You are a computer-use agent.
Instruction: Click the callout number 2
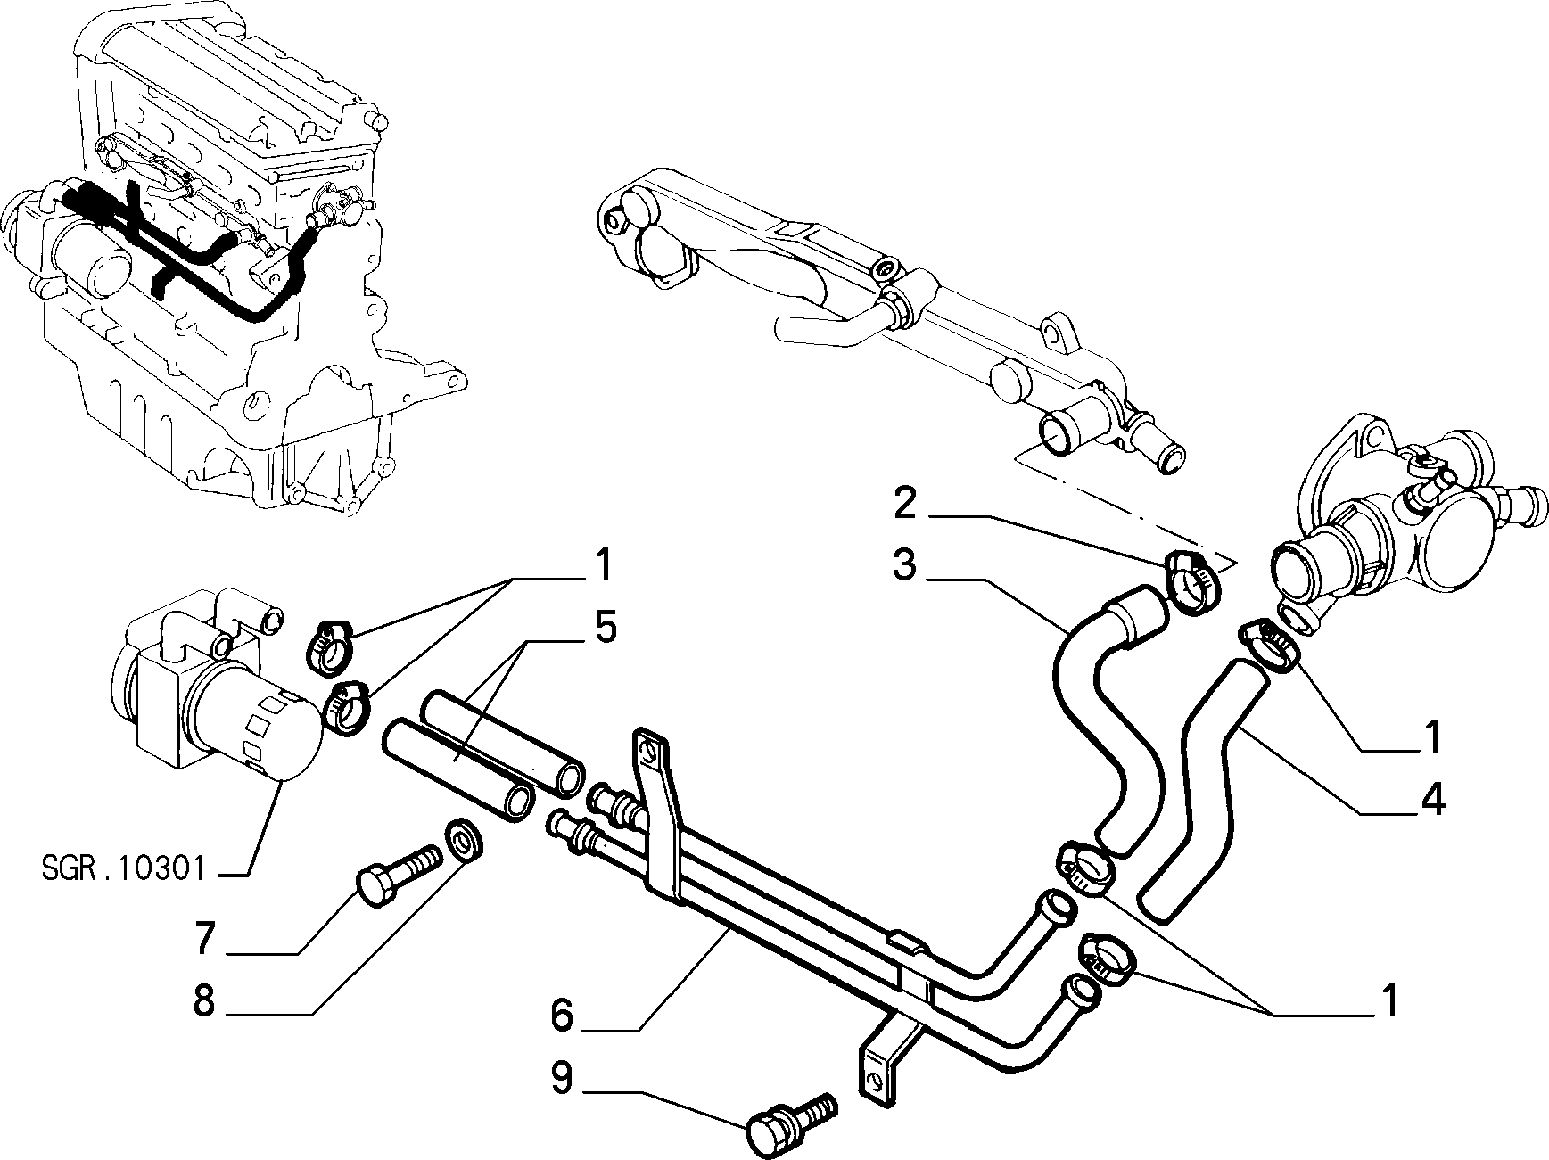905,506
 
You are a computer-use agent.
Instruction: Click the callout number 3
904,565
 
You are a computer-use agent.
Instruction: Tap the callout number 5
605,628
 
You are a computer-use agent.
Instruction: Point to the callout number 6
562,1016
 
